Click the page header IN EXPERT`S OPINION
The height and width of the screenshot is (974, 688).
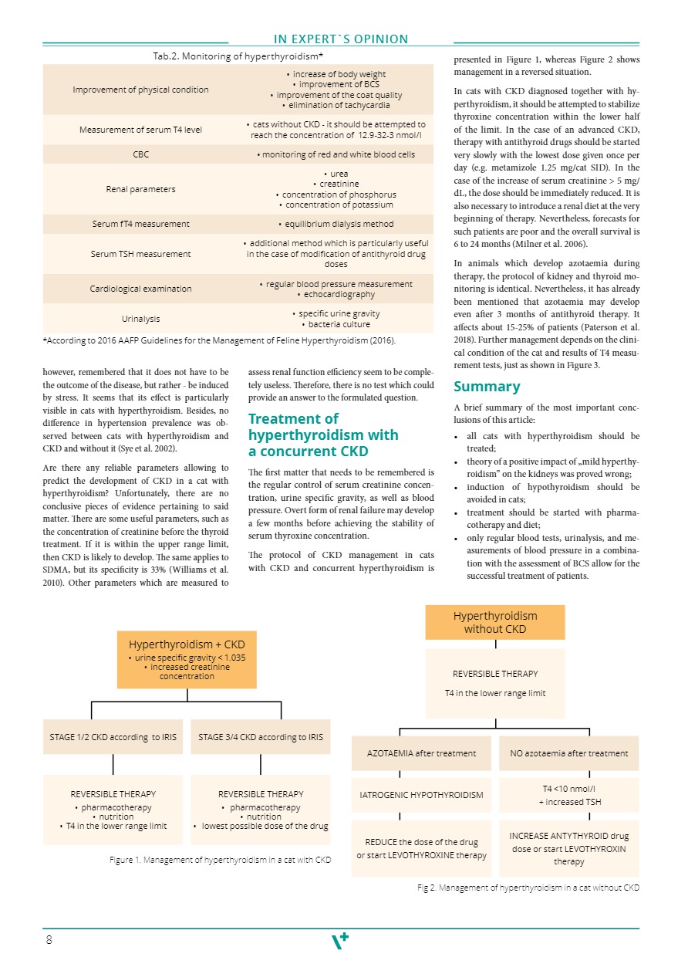point(341,39)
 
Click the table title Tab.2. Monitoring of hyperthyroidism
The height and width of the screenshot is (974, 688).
point(238,56)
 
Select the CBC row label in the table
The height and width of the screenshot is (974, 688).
point(140,154)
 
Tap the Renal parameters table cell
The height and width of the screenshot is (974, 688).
point(140,189)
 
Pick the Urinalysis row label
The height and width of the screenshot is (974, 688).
point(140,319)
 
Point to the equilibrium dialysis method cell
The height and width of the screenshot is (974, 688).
point(336,224)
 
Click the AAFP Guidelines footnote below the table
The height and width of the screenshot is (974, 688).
point(220,340)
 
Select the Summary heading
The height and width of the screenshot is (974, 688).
point(486,387)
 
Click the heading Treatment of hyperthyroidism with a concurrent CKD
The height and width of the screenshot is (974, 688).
point(323,435)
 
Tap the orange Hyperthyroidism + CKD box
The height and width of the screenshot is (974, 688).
point(187,660)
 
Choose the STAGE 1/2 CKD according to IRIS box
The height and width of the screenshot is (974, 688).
point(113,737)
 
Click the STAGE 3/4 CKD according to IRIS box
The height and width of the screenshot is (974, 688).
point(261,737)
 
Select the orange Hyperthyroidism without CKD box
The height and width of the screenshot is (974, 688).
point(494,622)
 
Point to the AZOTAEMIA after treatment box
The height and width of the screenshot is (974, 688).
point(421,753)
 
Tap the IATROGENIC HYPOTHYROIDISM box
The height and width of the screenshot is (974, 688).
point(421,795)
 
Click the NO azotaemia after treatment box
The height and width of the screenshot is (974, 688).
point(569,753)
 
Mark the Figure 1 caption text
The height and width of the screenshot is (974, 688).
point(220,859)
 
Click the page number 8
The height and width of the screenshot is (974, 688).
point(49,940)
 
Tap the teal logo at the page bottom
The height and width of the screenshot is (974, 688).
point(340,941)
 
